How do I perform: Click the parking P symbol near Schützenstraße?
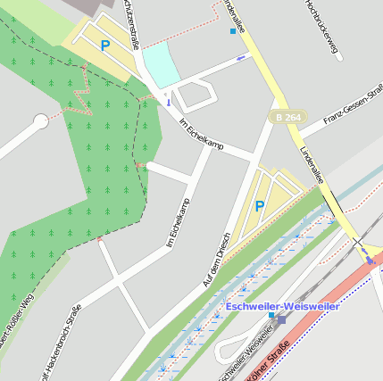[105, 45]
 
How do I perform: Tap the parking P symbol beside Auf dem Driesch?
[260, 206]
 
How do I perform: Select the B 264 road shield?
[288, 116]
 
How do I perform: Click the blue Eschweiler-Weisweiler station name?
[282, 307]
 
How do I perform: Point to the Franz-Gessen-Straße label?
[354, 106]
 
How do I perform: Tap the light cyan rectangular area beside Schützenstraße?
[161, 63]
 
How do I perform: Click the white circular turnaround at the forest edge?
[40, 120]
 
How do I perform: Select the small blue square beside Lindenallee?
[234, 31]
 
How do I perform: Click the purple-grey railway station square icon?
[282, 319]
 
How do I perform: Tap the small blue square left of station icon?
[271, 315]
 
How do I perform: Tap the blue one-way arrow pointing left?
[241, 58]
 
